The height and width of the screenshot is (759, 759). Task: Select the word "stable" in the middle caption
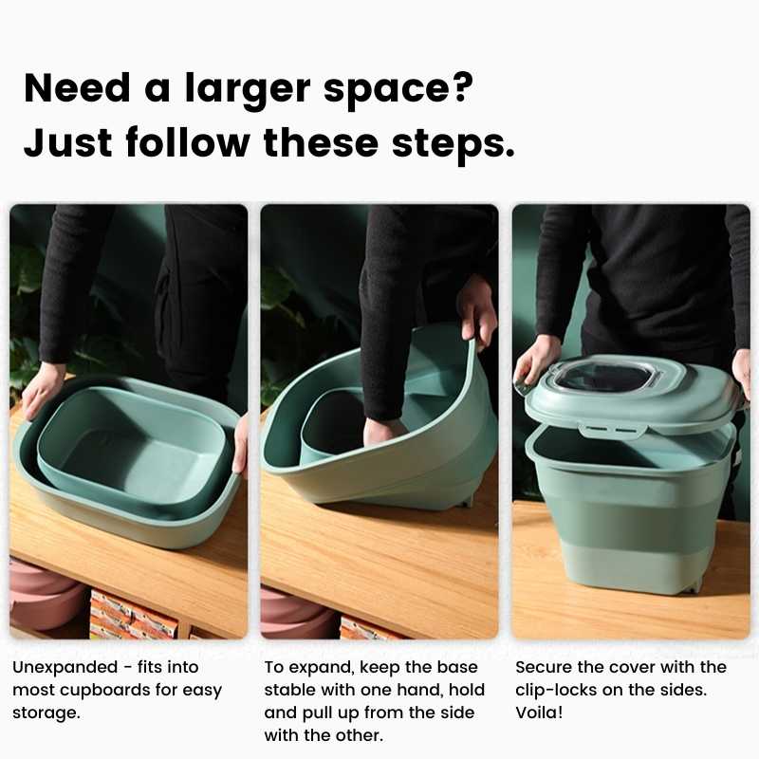click(x=289, y=691)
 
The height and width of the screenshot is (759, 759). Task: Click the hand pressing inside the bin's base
click(x=384, y=432)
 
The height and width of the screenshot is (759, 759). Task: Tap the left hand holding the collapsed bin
click(x=42, y=390)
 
